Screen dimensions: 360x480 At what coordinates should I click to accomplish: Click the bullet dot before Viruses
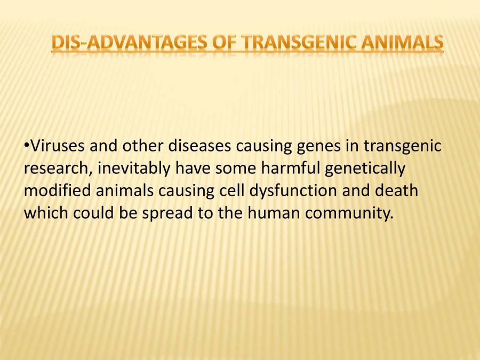tap(26, 146)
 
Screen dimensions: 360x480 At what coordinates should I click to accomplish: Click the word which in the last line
tap(44, 213)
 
